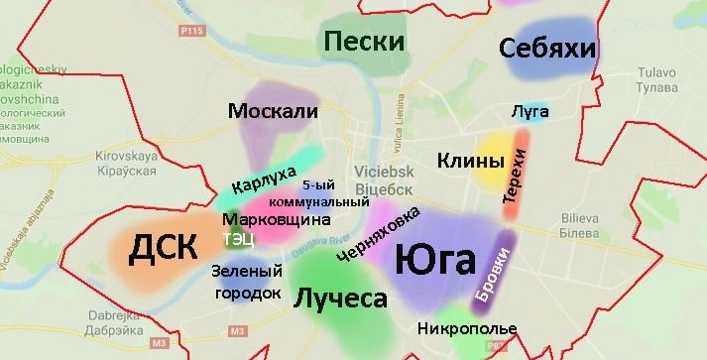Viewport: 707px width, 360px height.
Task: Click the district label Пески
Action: tap(364, 42)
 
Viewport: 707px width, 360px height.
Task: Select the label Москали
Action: tap(273, 110)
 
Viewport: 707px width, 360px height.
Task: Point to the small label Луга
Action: tap(530, 111)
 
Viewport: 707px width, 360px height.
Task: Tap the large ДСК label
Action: tap(163, 249)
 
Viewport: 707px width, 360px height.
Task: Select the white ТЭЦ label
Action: tap(239, 238)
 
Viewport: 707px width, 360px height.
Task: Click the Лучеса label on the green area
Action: tap(339, 296)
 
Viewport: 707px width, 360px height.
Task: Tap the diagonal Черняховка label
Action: tap(378, 235)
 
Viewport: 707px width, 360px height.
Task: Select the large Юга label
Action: tap(435, 261)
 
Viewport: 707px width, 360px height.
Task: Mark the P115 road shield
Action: tap(191, 31)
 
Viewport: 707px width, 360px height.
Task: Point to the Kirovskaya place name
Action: tap(125, 156)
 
